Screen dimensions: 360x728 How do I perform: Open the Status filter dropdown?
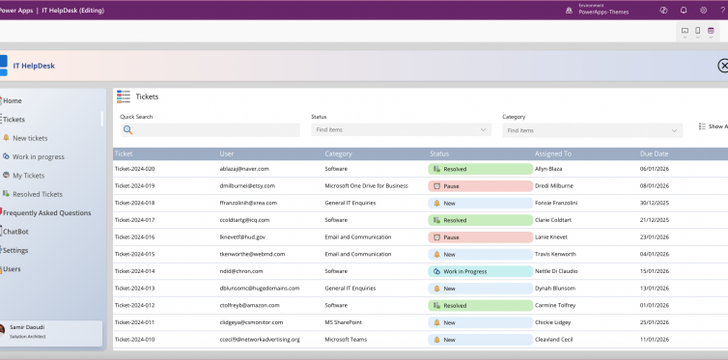[x=401, y=130]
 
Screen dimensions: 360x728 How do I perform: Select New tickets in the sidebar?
[x=30, y=138]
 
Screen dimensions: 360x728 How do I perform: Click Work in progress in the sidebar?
[x=38, y=156]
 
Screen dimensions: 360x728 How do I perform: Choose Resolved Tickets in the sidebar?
[x=40, y=194]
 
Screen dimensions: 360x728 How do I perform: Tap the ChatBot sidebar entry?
[x=16, y=232]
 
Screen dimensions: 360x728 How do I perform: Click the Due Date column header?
[x=654, y=153]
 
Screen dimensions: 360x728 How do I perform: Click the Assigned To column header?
[x=553, y=153]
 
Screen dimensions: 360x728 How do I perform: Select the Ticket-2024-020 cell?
[x=134, y=169]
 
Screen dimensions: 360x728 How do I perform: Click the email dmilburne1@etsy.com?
[x=247, y=185]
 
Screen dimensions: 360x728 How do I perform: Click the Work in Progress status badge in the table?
[x=467, y=271]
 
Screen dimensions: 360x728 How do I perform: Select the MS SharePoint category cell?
[x=345, y=322]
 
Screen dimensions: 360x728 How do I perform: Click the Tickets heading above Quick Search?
[x=147, y=97]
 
